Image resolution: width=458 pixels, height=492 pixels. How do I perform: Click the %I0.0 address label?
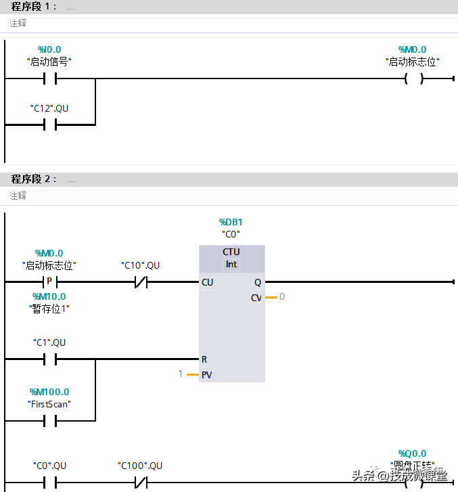[49, 49]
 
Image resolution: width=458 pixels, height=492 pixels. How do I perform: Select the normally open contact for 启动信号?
[49, 79]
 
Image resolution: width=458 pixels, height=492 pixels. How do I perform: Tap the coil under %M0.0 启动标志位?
[413, 79]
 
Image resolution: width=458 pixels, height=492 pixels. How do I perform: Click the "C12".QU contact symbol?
[49, 125]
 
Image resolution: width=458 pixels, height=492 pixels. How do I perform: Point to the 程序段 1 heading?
[34, 7]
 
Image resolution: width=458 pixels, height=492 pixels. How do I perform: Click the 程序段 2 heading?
[34, 179]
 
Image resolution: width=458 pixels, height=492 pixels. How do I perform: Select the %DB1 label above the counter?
[231, 222]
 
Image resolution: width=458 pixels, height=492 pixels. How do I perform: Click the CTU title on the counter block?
[231, 252]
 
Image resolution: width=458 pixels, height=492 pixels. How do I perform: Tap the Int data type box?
[231, 264]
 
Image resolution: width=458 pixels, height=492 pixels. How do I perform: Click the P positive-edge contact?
[49, 282]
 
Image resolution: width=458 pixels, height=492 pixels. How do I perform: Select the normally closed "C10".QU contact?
[140, 282]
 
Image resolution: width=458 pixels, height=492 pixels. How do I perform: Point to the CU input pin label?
[207, 282]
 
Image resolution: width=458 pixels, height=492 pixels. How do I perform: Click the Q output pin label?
[257, 282]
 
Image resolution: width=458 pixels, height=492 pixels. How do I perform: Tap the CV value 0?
[282, 296]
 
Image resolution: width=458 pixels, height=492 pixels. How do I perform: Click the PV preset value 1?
[181, 374]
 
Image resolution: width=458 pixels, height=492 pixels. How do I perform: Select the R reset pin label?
[204, 359]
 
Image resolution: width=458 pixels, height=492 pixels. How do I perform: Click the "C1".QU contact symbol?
[49, 359]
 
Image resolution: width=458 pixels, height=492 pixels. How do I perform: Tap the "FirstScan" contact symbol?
[49, 421]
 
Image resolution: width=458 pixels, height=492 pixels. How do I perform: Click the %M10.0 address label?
[49, 296]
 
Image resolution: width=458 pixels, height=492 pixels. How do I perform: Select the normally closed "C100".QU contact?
[140, 483]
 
